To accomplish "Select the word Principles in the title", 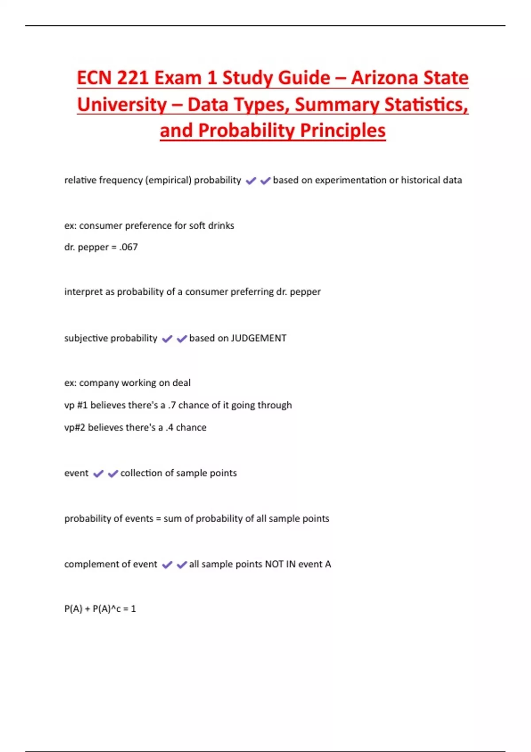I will [342, 130].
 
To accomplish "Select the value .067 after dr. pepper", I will [128, 247].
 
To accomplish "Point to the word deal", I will [181, 383].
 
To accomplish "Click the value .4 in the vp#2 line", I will [169, 427].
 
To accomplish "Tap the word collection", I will [141, 473].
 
